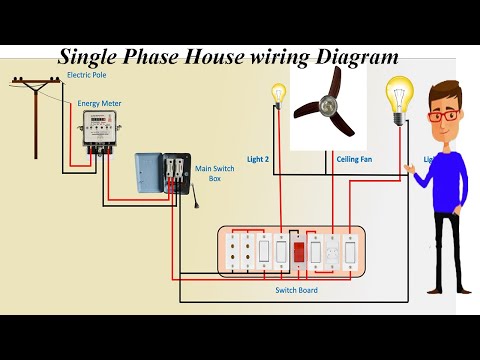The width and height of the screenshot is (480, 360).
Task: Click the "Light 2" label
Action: click(257, 159)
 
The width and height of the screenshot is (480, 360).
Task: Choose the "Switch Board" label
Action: click(296, 290)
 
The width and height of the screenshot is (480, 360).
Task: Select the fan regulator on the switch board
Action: click(331, 251)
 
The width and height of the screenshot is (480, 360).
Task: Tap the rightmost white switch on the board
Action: click(350, 251)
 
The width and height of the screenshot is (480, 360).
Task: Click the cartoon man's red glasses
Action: click(443, 116)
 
